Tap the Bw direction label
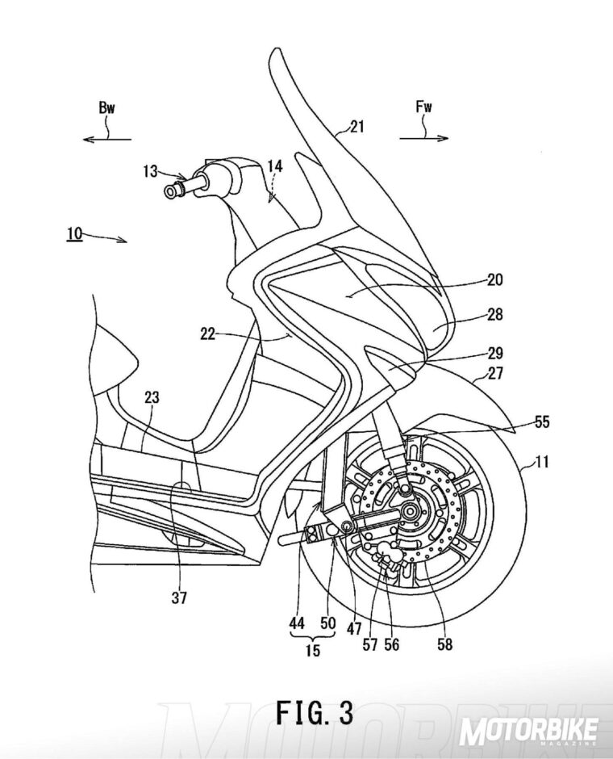pyautogui.click(x=106, y=109)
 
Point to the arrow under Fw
pyautogui.click(x=423, y=138)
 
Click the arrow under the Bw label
pyautogui.click(x=107, y=139)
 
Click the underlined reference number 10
pyautogui.click(x=75, y=233)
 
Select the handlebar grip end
pyautogui.click(x=172, y=191)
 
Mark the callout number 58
pyautogui.click(x=444, y=644)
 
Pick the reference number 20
pyautogui.click(x=494, y=280)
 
